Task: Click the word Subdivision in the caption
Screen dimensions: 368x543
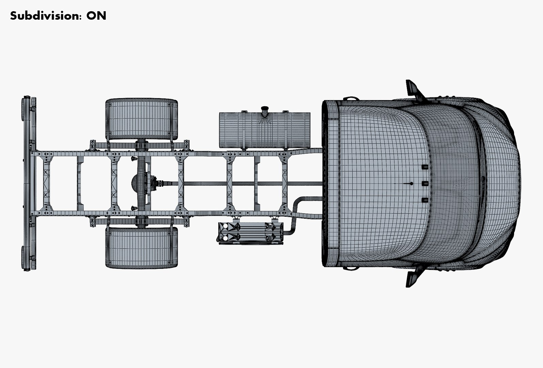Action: pos(44,16)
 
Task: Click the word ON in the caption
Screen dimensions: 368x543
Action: pos(96,16)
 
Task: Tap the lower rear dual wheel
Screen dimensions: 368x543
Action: pos(142,248)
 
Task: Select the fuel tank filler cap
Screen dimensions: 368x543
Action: pos(264,110)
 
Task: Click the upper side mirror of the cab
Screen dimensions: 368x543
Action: pos(413,88)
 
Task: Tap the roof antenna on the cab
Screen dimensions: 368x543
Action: pos(409,184)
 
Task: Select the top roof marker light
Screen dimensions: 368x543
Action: pos(425,167)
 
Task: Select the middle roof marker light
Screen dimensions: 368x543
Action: pos(425,184)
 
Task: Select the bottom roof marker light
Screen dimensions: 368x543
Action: pos(425,200)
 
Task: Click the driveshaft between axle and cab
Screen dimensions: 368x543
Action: pos(238,184)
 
